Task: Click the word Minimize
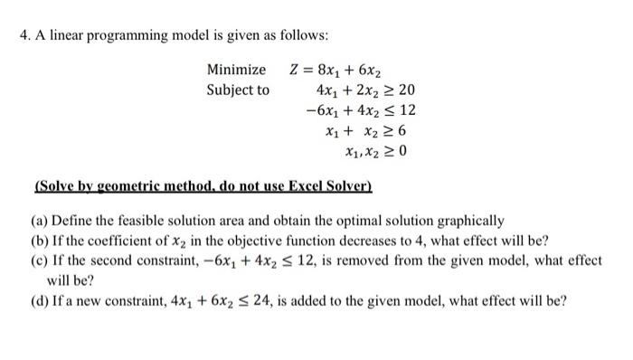pyautogui.click(x=236, y=70)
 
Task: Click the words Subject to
pyautogui.click(x=238, y=90)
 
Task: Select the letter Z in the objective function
pyautogui.click(x=294, y=70)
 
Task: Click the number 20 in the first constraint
pyautogui.click(x=406, y=90)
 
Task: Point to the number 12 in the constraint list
pyautogui.click(x=406, y=111)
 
